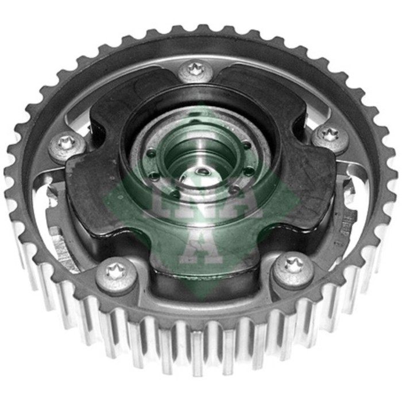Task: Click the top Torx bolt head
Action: [195, 72]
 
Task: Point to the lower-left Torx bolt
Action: [117, 275]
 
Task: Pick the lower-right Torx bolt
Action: [293, 269]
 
